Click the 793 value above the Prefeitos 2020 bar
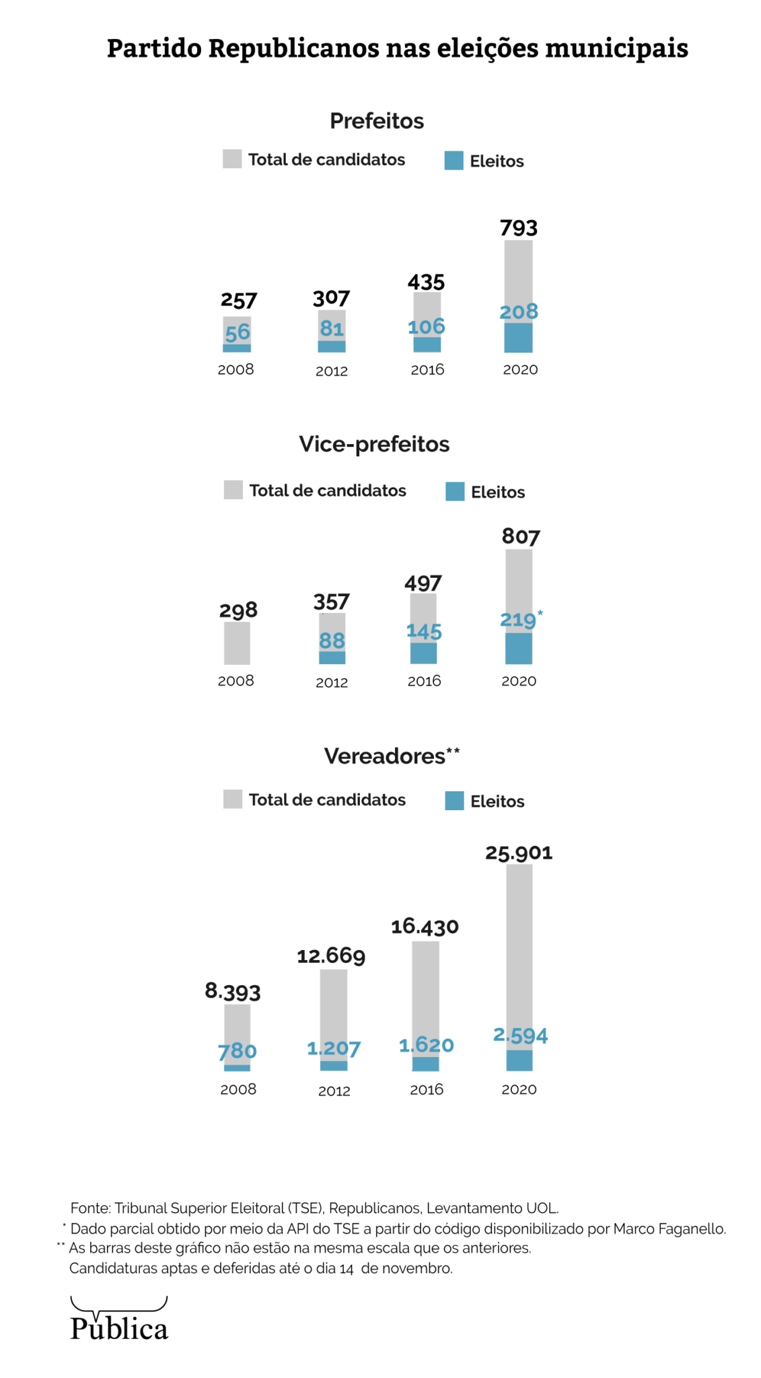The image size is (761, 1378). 518,228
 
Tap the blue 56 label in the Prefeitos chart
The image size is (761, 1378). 238,332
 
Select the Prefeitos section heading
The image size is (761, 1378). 377,121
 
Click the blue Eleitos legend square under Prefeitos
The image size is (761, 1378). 454,161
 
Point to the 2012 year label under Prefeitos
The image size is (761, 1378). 332,371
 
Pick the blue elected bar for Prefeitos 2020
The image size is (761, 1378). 518,338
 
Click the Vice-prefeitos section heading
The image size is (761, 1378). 374,444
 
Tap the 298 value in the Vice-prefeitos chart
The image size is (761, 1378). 238,610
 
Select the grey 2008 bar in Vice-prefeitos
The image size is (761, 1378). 237,643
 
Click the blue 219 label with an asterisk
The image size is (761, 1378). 519,619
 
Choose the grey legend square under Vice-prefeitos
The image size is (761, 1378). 233,490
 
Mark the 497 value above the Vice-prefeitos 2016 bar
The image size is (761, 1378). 423,583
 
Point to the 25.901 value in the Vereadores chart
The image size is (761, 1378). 519,853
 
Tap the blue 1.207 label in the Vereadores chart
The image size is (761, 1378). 334,1048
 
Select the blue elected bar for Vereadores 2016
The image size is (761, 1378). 425,1064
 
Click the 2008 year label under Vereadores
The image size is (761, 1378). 238,1089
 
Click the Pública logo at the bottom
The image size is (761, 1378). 119,1321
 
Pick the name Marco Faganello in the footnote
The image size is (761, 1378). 669,1229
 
